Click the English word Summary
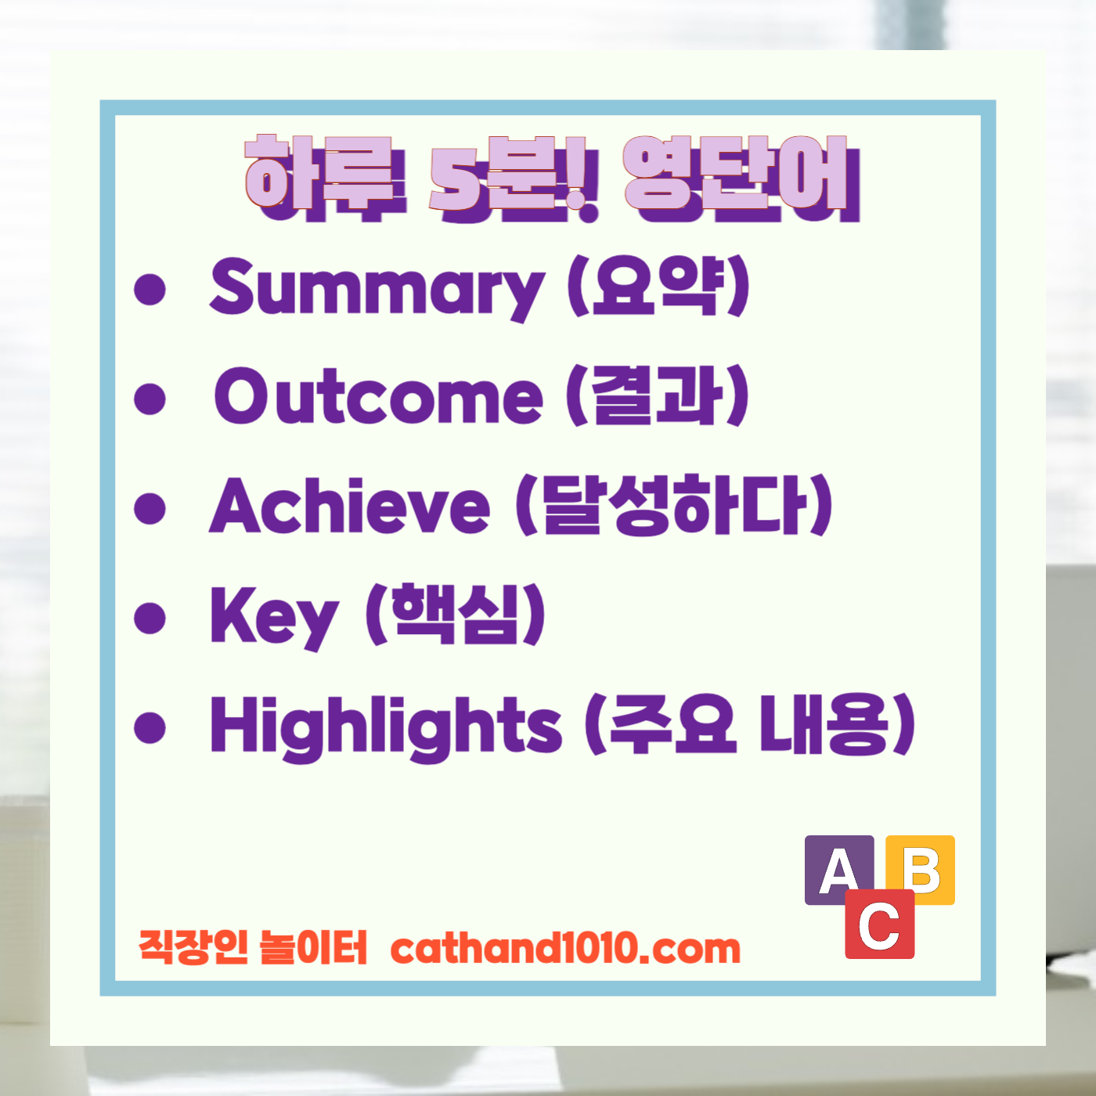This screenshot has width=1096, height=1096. pos(376,288)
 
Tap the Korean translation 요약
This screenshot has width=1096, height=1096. pos(658,287)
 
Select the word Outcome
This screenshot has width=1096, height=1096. pos(378,396)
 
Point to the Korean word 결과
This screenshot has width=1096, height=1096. pos(658,396)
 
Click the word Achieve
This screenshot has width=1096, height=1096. pos(349,506)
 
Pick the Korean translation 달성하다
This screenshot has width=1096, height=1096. pos(673,506)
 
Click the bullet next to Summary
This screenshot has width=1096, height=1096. pos(150,289)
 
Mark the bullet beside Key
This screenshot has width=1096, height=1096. pos(150,618)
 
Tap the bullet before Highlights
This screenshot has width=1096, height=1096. pos(150,727)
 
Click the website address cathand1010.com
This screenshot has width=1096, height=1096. pos(564,949)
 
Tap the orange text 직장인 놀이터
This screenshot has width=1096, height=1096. pos(252,947)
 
